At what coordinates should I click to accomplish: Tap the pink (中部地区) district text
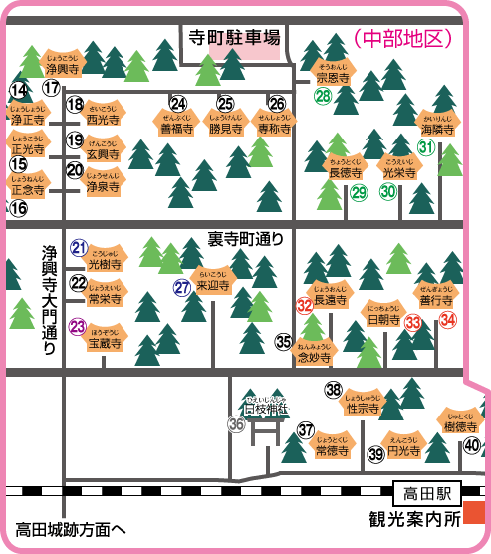403,39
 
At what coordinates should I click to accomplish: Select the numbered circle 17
51,89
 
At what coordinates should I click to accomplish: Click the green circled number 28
324,96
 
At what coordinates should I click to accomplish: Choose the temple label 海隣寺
437,127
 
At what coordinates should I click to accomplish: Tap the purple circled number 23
78,325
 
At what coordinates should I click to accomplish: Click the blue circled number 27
181,287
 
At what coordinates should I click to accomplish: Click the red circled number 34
448,320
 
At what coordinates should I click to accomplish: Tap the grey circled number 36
236,424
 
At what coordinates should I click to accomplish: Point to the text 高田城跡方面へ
71,528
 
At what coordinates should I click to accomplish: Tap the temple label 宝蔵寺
105,340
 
